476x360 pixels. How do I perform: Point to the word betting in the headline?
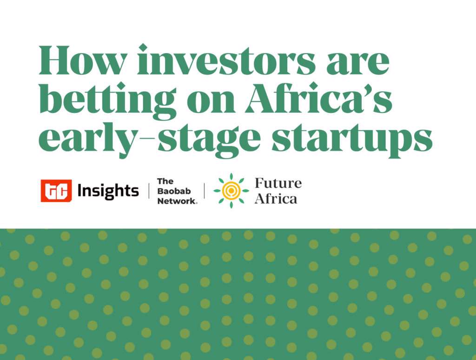point(108,99)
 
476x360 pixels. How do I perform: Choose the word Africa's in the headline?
point(319,98)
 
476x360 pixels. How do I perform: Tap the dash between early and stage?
point(148,138)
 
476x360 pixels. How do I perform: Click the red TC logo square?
point(56,191)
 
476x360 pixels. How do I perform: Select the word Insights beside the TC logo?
point(108,191)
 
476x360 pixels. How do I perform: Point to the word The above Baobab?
point(165,181)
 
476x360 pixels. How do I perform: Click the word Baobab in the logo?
point(174,191)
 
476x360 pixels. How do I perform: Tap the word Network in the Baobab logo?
point(177,201)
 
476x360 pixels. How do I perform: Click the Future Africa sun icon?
point(231,191)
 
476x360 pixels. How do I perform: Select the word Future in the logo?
point(278,183)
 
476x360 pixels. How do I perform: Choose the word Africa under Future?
point(276,199)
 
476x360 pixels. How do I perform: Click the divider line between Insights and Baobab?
point(149,191)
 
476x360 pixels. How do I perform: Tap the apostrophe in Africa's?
point(369,88)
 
